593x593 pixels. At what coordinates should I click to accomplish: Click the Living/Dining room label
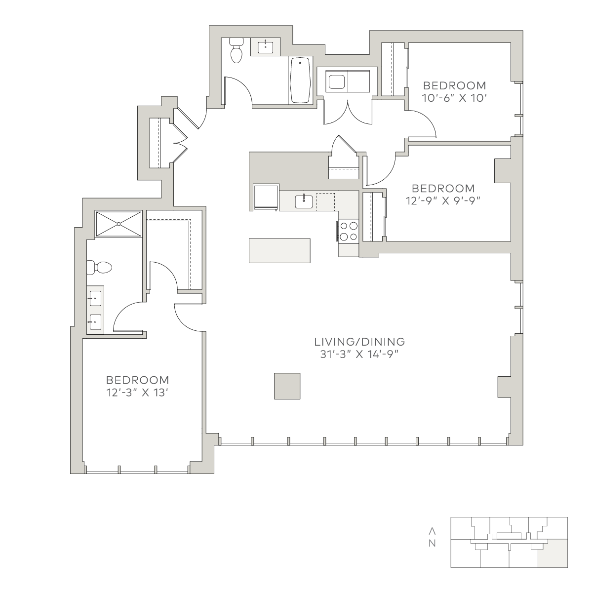tap(359, 342)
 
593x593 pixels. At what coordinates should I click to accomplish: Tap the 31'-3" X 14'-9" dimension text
tap(359, 355)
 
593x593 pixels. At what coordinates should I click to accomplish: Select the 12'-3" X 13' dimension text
tap(137, 393)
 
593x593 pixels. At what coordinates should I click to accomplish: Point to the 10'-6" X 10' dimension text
tap(454, 98)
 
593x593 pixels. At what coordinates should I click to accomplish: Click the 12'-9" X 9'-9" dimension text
tap(443, 201)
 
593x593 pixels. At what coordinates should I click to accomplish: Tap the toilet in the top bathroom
tap(237, 50)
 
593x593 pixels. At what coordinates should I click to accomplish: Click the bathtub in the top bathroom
tap(300, 80)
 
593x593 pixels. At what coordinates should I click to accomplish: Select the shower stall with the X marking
tap(119, 224)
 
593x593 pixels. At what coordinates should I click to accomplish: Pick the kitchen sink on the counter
tap(304, 202)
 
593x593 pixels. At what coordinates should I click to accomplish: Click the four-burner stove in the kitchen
tap(349, 232)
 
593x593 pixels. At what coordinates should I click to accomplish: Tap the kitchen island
tap(279, 250)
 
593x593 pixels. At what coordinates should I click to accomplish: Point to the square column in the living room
tap(287, 386)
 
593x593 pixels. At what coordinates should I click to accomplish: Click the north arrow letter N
tap(432, 544)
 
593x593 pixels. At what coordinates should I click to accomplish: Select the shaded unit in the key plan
tap(553, 553)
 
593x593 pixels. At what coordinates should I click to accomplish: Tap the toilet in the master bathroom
tap(99, 268)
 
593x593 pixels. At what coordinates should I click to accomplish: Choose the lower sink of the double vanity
tap(95, 322)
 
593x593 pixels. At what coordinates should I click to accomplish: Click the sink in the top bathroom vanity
tap(265, 47)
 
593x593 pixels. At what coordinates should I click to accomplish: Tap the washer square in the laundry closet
tap(337, 81)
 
